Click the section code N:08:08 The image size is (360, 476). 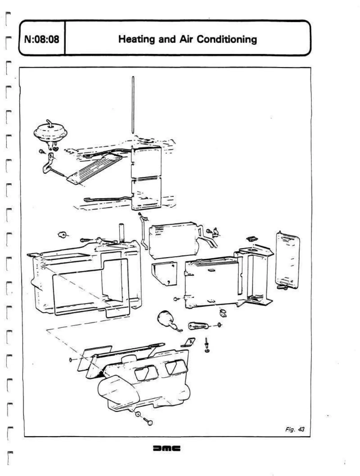coord(41,39)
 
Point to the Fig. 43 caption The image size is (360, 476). coord(295,429)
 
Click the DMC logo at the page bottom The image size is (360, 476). coord(166,449)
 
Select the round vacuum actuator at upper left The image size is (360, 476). coord(50,132)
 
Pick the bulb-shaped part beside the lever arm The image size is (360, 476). coord(167,320)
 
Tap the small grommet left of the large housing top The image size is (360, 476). coord(63,235)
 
